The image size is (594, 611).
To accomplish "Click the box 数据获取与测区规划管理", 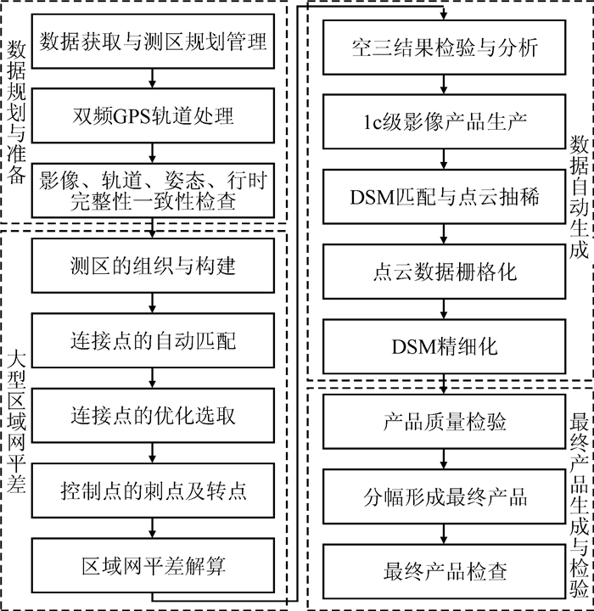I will pyautogui.click(x=154, y=41).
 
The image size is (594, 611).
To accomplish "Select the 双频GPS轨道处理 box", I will pyautogui.click(x=154, y=115).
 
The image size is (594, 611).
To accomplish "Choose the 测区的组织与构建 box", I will pyautogui.click(x=154, y=266).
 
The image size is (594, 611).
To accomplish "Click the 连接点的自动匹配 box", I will pyautogui.click(x=154, y=340).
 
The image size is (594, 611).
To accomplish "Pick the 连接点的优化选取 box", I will pyautogui.click(x=154, y=415).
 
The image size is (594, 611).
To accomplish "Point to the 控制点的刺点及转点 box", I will pyautogui.click(x=154, y=490).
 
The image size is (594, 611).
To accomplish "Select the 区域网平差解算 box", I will pyautogui.click(x=154, y=565).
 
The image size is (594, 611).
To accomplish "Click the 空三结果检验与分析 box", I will pyautogui.click(x=444, y=46).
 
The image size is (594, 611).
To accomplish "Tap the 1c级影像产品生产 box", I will pyautogui.click(x=444, y=121).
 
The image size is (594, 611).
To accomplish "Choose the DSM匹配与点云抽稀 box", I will pyautogui.click(x=444, y=196).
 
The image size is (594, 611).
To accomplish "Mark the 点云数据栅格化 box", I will pyautogui.click(x=444, y=271).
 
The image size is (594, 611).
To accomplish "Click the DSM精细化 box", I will pyautogui.click(x=444, y=345).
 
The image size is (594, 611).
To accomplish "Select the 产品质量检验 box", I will pyautogui.click(x=444, y=421).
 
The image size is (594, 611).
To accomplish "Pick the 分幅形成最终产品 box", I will pyautogui.click(x=444, y=496).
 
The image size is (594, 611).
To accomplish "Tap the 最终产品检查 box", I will pyautogui.click(x=444, y=570).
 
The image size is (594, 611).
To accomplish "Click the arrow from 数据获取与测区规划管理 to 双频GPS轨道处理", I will pyautogui.click(x=153, y=78).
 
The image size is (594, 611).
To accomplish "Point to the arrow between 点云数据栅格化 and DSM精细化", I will pyautogui.click(x=444, y=308).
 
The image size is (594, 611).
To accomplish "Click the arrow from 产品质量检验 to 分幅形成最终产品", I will pyautogui.click(x=444, y=458).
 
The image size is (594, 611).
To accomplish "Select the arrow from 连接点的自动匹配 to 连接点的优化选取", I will pyautogui.click(x=153, y=378).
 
